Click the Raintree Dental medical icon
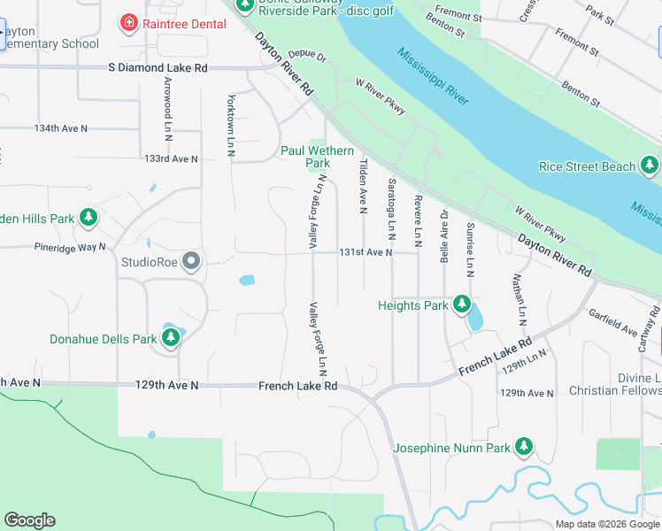pyautogui.click(x=129, y=22)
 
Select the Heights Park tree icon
pyautogui.click(x=461, y=304)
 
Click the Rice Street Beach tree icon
pyautogui.click(x=650, y=165)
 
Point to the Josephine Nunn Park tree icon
pyautogui.click(x=525, y=448)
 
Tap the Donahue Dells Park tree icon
pyautogui.click(x=171, y=337)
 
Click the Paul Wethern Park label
pyautogui.click(x=317, y=157)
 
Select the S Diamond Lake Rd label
pyautogui.click(x=158, y=67)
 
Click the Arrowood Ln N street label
pyautogui.click(x=167, y=104)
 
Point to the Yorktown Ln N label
pyautogui.click(x=230, y=126)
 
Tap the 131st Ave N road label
pyautogui.click(x=365, y=252)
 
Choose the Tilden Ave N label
pyautogui.click(x=363, y=186)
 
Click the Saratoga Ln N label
pyautogui.click(x=391, y=206)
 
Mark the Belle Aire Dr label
pyautogui.click(x=445, y=237)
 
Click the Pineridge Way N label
pyautogui.click(x=70, y=247)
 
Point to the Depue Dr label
pyautogui.click(x=307, y=55)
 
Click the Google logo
pyautogui.click(x=29, y=520)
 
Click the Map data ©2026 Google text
pyautogui.click(x=607, y=524)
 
